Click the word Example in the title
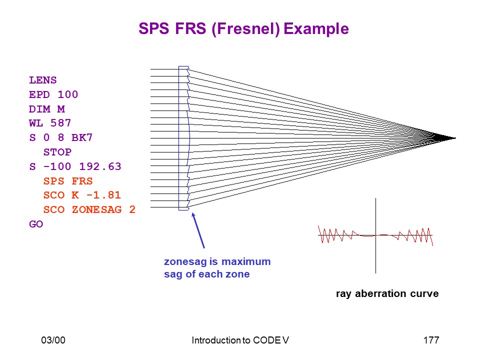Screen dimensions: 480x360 pyautogui.click(x=316, y=29)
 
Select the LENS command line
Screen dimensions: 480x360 pyautogui.click(x=43, y=80)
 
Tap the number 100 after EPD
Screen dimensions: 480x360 pyautogui.click(x=67, y=94)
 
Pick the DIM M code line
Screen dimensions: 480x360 pyautogui.click(x=47, y=109)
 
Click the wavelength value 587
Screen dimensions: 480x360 pyautogui.click(x=60, y=123)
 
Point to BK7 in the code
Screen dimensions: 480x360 pyautogui.click(x=81, y=137)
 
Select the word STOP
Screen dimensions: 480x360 pyautogui.click(x=57, y=152)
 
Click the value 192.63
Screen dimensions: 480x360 pyautogui.click(x=100, y=166)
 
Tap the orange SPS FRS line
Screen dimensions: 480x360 pyautogui.click(x=68, y=181)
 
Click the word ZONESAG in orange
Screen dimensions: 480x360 pyautogui.click(x=96, y=209)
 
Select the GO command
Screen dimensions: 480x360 pyautogui.click(x=36, y=224)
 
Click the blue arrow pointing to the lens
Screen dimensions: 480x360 pyautogui.click(x=198, y=230)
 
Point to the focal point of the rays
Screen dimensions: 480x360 pyautogui.click(x=455, y=138)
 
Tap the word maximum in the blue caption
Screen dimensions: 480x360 pyautogui.click(x=246, y=261)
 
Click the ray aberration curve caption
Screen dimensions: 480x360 pyautogui.click(x=387, y=293)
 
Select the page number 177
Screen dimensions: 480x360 pyautogui.click(x=431, y=340)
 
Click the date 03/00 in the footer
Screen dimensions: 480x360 pyautogui.click(x=53, y=340)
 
